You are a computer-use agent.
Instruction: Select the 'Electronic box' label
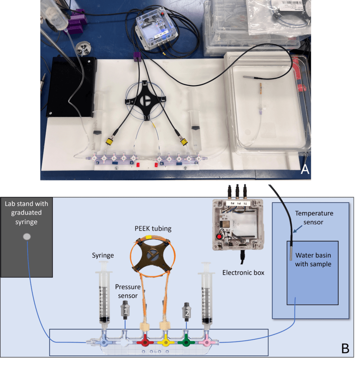click(x=243, y=272)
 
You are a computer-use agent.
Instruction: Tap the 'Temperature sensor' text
click(x=314, y=218)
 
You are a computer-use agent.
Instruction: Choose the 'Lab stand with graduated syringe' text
click(x=27, y=213)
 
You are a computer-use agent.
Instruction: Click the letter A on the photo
click(x=304, y=169)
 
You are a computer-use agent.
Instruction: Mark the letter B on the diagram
click(x=345, y=348)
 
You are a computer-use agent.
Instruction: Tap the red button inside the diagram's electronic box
click(x=218, y=237)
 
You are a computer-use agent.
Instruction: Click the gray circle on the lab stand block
click(x=27, y=237)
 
